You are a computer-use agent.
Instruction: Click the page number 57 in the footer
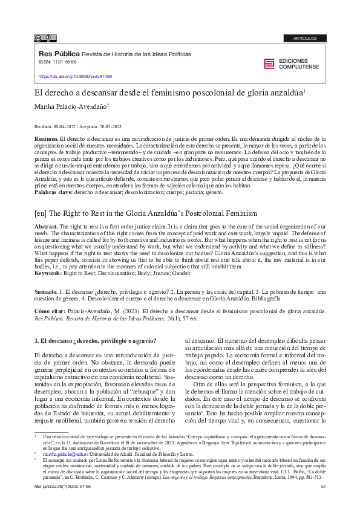click(x=322, y=487)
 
